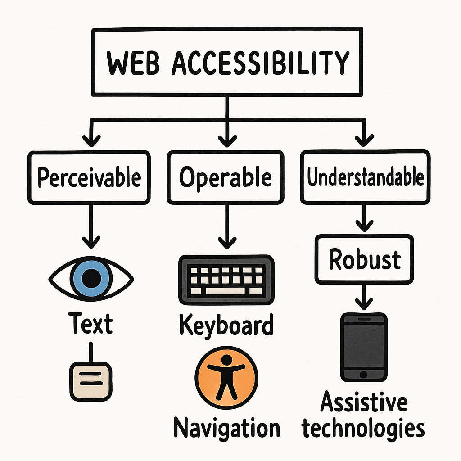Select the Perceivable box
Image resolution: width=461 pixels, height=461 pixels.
pos(89,177)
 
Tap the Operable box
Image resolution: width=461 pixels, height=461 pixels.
pos(226,177)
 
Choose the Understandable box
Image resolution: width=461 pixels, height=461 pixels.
pos(365,177)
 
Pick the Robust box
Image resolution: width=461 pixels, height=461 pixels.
pos(364,260)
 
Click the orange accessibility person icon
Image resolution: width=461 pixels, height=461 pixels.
pos(226,376)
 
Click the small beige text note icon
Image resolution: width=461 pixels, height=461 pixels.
pos(91,381)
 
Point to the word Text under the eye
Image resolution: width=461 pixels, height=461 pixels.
pos(91,324)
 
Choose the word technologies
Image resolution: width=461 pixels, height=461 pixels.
pos(364,428)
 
